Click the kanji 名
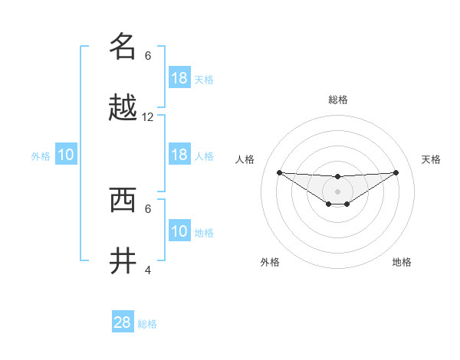(123, 46)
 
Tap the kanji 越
(123, 108)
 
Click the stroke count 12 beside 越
(148, 117)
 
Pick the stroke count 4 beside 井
(148, 270)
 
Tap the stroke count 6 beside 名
(148, 55)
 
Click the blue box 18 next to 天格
(179, 78)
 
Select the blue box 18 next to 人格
(179, 155)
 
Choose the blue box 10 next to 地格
(179, 231)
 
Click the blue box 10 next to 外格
(66, 155)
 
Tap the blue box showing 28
(123, 322)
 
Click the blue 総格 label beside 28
(147, 324)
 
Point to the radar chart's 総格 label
(337, 100)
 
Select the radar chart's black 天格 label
(431, 159)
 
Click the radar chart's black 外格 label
(270, 262)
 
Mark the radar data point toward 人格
(279, 172)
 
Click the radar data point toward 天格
(396, 172)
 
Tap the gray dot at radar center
(337, 191)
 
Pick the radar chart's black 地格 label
(402, 262)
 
